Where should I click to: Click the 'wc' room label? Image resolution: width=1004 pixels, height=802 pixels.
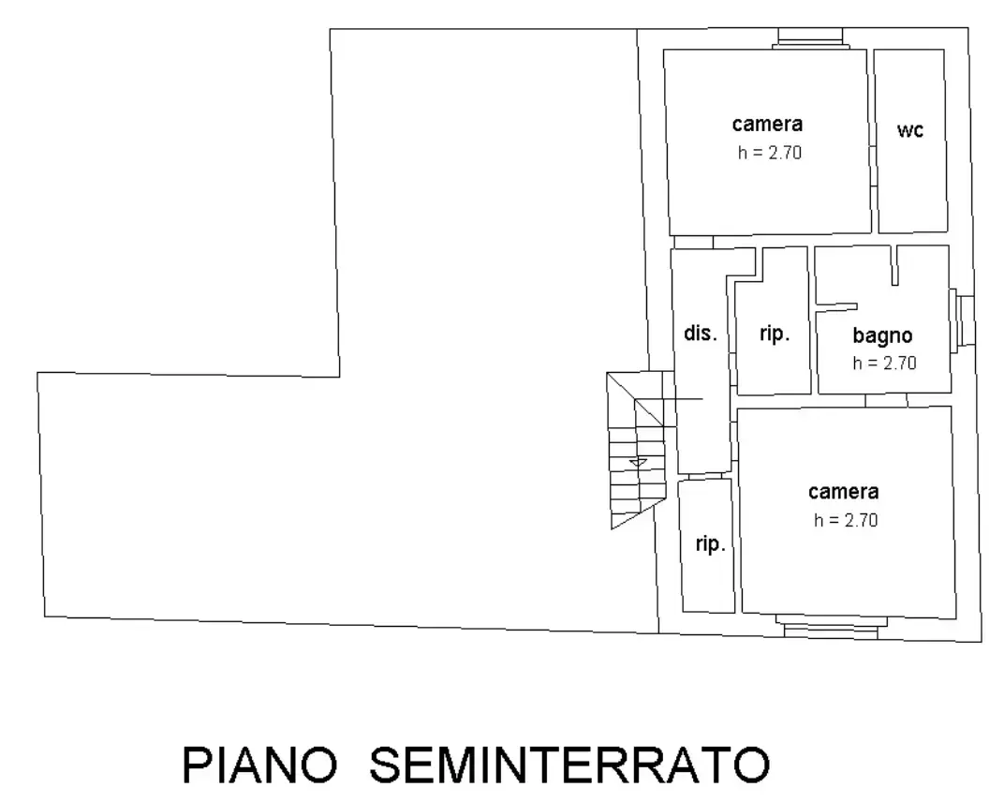coord(910,130)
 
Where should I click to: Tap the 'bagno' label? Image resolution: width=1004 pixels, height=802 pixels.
coord(882,335)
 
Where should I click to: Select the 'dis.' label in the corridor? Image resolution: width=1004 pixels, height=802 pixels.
coord(701,334)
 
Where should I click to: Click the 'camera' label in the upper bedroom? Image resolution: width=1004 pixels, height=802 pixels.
coord(767,124)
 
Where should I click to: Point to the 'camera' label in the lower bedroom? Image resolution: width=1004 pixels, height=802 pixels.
coord(843,491)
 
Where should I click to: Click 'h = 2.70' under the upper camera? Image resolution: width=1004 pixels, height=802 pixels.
coord(770,153)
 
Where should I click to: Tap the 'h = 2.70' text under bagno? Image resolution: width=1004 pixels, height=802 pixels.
coord(884,364)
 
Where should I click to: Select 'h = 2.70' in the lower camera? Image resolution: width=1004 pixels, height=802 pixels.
coord(846,520)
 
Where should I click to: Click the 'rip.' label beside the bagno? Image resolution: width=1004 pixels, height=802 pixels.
coord(775,334)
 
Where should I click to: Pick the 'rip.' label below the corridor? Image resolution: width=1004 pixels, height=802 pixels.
coord(711,543)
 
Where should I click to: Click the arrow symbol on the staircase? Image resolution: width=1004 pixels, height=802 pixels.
coord(639,463)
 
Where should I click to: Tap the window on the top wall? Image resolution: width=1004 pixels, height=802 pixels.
coord(811,38)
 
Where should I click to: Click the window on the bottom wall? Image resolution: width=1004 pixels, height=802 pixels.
coord(831,627)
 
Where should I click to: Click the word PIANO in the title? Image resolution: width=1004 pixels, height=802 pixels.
coord(259,765)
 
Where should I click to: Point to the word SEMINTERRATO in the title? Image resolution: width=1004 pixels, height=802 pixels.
coord(569,765)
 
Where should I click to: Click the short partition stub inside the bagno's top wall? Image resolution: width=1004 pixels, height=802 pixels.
coord(894,265)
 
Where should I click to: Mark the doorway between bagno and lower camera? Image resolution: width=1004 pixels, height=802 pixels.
coord(886,400)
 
